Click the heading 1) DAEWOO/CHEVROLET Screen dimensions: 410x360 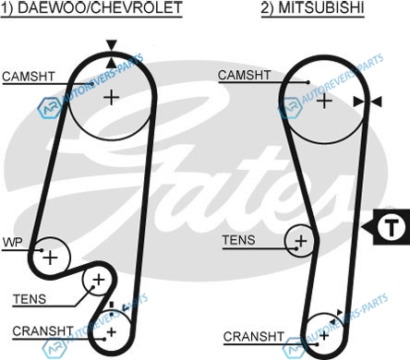91,8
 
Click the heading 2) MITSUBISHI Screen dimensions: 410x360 313,8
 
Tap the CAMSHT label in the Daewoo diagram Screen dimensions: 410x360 29,77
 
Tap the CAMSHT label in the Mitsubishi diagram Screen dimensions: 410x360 245,75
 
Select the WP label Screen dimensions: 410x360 13,243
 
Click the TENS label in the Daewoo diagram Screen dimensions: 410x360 30,299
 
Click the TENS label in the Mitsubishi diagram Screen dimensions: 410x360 239,240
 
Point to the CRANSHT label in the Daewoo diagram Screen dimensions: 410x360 42,331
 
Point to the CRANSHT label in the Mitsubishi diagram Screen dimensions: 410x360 254,337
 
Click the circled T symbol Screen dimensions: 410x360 392,227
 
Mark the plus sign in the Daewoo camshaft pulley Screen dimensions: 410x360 112,98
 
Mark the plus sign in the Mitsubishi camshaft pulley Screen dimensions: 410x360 324,101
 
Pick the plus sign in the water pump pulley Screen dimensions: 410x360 51,258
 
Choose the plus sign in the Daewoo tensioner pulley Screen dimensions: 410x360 99,280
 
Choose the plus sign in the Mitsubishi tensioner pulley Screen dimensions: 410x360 301,241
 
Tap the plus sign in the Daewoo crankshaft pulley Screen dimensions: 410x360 112,332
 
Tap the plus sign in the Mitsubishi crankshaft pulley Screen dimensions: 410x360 324,335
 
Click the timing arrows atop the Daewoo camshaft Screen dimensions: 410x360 112,54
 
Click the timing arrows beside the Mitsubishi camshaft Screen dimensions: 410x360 368,102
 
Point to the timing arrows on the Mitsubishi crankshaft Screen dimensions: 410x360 336,318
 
